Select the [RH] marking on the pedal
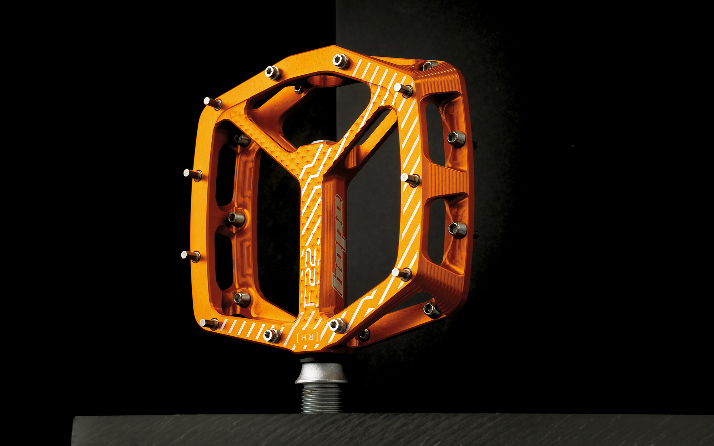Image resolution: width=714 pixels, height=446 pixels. coord(307,337)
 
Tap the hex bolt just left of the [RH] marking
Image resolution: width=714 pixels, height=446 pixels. coord(271,335)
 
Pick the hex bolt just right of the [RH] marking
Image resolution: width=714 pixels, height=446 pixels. coord(337,325)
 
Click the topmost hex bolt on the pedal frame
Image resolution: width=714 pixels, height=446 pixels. coord(341,61)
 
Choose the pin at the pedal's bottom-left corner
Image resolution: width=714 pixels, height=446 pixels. coord(210,324)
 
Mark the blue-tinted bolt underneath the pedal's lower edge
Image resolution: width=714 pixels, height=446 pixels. coord(364,335)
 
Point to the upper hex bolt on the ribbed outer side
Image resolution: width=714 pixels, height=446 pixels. coord(457,139)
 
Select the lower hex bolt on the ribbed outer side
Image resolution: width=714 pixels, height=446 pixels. coord(457,229)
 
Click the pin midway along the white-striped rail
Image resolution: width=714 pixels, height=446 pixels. coord(410,179)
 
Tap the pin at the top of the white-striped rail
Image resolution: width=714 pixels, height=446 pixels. coord(403,89)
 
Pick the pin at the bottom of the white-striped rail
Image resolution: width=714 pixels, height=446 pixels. coord(402,274)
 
